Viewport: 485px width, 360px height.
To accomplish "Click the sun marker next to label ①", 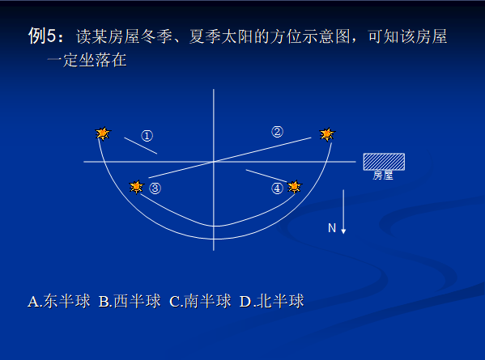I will [x=102, y=133].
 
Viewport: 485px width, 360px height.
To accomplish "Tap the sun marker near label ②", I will [x=326, y=133].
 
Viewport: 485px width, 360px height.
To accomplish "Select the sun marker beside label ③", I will [x=137, y=188].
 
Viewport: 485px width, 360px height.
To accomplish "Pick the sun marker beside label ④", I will [x=294, y=188].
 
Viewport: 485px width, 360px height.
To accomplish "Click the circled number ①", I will [x=147, y=135].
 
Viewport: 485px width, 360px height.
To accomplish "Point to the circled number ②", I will [x=277, y=132].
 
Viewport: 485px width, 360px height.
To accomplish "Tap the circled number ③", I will [x=155, y=188].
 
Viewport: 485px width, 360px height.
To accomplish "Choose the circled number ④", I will [x=277, y=188].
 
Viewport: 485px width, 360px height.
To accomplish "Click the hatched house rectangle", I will [x=384, y=161].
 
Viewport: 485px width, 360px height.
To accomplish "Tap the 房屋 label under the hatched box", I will [x=383, y=175].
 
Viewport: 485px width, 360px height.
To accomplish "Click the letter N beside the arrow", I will [x=331, y=228].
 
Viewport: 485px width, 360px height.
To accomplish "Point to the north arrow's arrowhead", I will [x=343, y=231].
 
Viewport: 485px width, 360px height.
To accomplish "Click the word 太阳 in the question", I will [x=242, y=37].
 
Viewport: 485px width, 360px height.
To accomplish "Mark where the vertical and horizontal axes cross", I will [x=214, y=162].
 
